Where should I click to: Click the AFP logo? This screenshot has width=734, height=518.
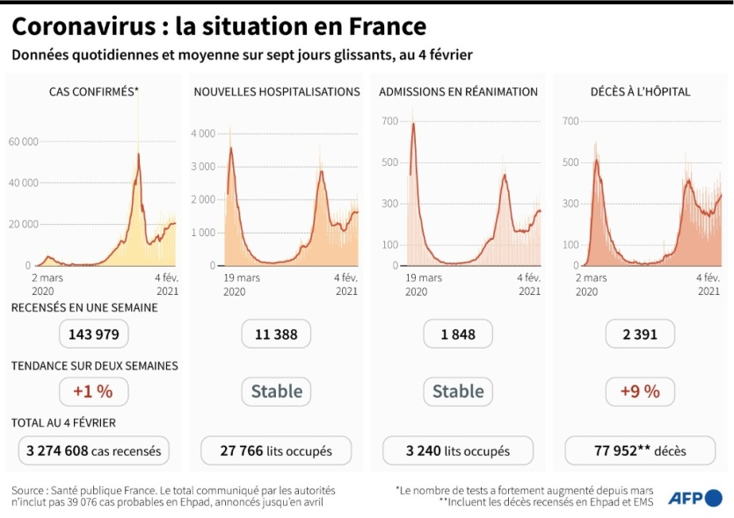coord(694,498)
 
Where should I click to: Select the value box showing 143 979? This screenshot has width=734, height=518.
coord(95,334)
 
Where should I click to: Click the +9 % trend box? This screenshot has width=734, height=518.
coord(640,391)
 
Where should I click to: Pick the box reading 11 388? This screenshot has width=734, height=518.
coord(276,334)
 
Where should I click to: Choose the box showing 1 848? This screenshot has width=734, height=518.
coord(458,334)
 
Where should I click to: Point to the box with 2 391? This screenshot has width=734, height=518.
coord(640,334)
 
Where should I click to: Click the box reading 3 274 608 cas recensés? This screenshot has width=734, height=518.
coord(94,451)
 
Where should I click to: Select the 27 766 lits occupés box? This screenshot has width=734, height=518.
coord(276,451)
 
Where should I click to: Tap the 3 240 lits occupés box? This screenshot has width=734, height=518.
coord(458,451)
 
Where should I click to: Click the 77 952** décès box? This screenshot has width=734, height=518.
coord(640,451)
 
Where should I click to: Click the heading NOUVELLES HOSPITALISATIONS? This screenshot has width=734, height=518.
coord(277,91)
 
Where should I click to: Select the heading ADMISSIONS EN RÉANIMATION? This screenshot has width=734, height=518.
coord(458,91)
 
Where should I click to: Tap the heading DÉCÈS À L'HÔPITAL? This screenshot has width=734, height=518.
coord(640,91)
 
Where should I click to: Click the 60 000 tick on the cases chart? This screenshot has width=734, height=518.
coord(24,141)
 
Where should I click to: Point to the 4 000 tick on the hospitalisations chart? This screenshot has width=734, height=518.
coord(203,133)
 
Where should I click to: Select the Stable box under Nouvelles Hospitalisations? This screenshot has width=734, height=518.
coord(276,391)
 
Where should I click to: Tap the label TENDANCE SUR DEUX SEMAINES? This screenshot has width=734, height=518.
coord(95,365)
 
